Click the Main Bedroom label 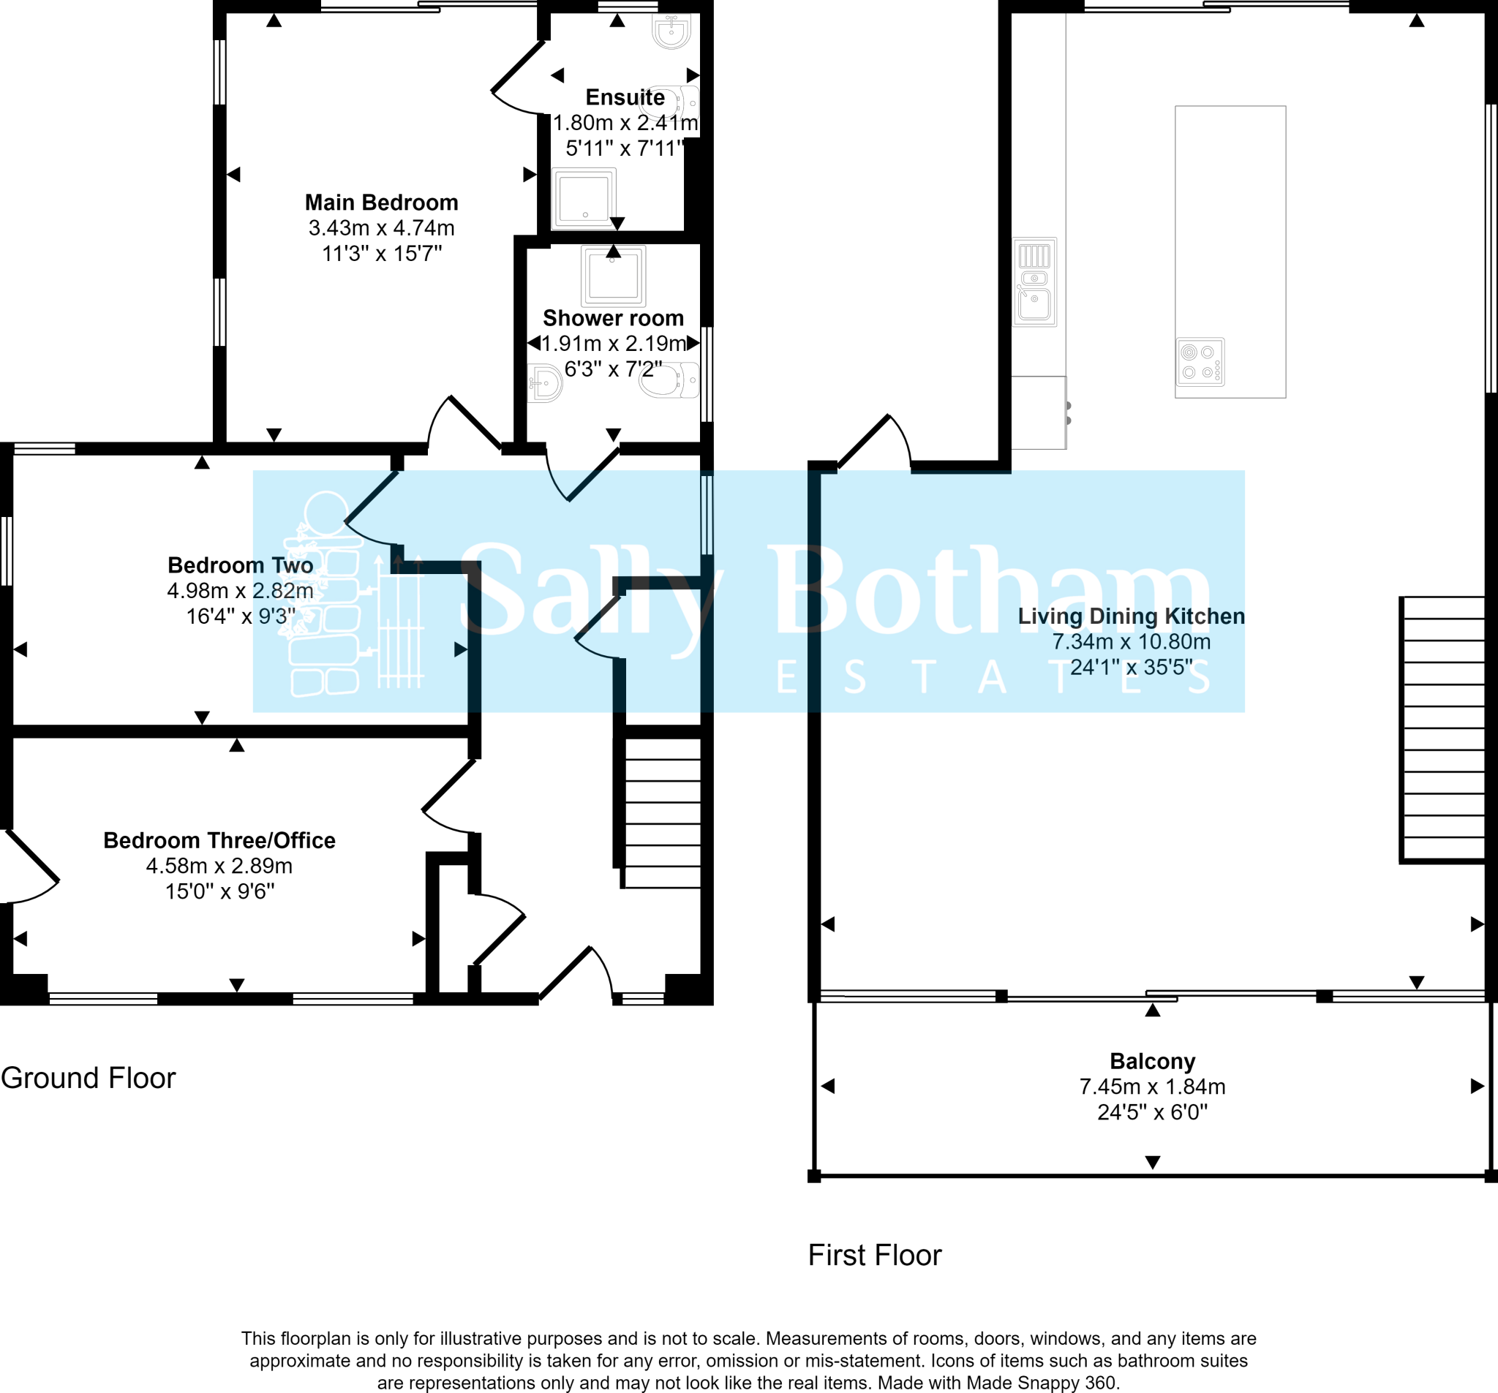point(381,203)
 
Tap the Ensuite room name point(625,97)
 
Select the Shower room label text point(614,318)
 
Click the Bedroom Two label point(241,565)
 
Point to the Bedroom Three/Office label point(219,840)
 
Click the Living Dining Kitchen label point(1131,616)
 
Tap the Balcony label point(1152,1061)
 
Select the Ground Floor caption point(89,1078)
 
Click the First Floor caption point(875,1255)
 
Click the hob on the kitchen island point(1200,362)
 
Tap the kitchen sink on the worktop point(1035,282)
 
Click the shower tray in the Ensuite point(584,198)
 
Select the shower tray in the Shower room point(614,275)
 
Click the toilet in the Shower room point(669,380)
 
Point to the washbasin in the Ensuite point(671,31)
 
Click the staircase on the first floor point(1442,729)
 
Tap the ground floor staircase point(660,812)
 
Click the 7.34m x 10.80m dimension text point(1131,642)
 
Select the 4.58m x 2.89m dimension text point(219,866)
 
